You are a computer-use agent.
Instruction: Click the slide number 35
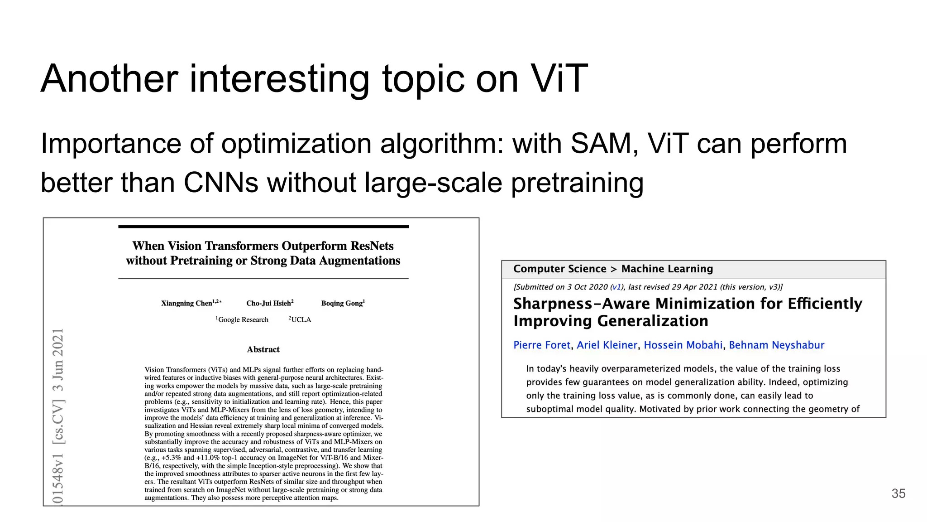tap(898, 493)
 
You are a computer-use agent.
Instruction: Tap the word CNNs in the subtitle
tap(221, 183)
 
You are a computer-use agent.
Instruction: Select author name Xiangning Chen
tap(187, 303)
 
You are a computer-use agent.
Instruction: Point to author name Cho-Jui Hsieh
tap(269, 303)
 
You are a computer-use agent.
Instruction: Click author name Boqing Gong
tap(342, 303)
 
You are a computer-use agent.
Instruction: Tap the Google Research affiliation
tap(243, 319)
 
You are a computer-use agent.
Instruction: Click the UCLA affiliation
tap(301, 319)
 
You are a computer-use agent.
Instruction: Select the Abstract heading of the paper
tap(263, 349)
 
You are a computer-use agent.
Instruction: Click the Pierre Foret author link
tap(542, 345)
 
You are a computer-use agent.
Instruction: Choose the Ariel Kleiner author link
tap(607, 345)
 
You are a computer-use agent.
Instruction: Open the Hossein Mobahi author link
tap(683, 345)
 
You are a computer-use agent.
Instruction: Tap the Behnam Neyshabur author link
tap(776, 345)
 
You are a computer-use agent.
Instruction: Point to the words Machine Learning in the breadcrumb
tap(667, 269)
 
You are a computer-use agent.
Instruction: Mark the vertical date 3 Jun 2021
tap(58, 360)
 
